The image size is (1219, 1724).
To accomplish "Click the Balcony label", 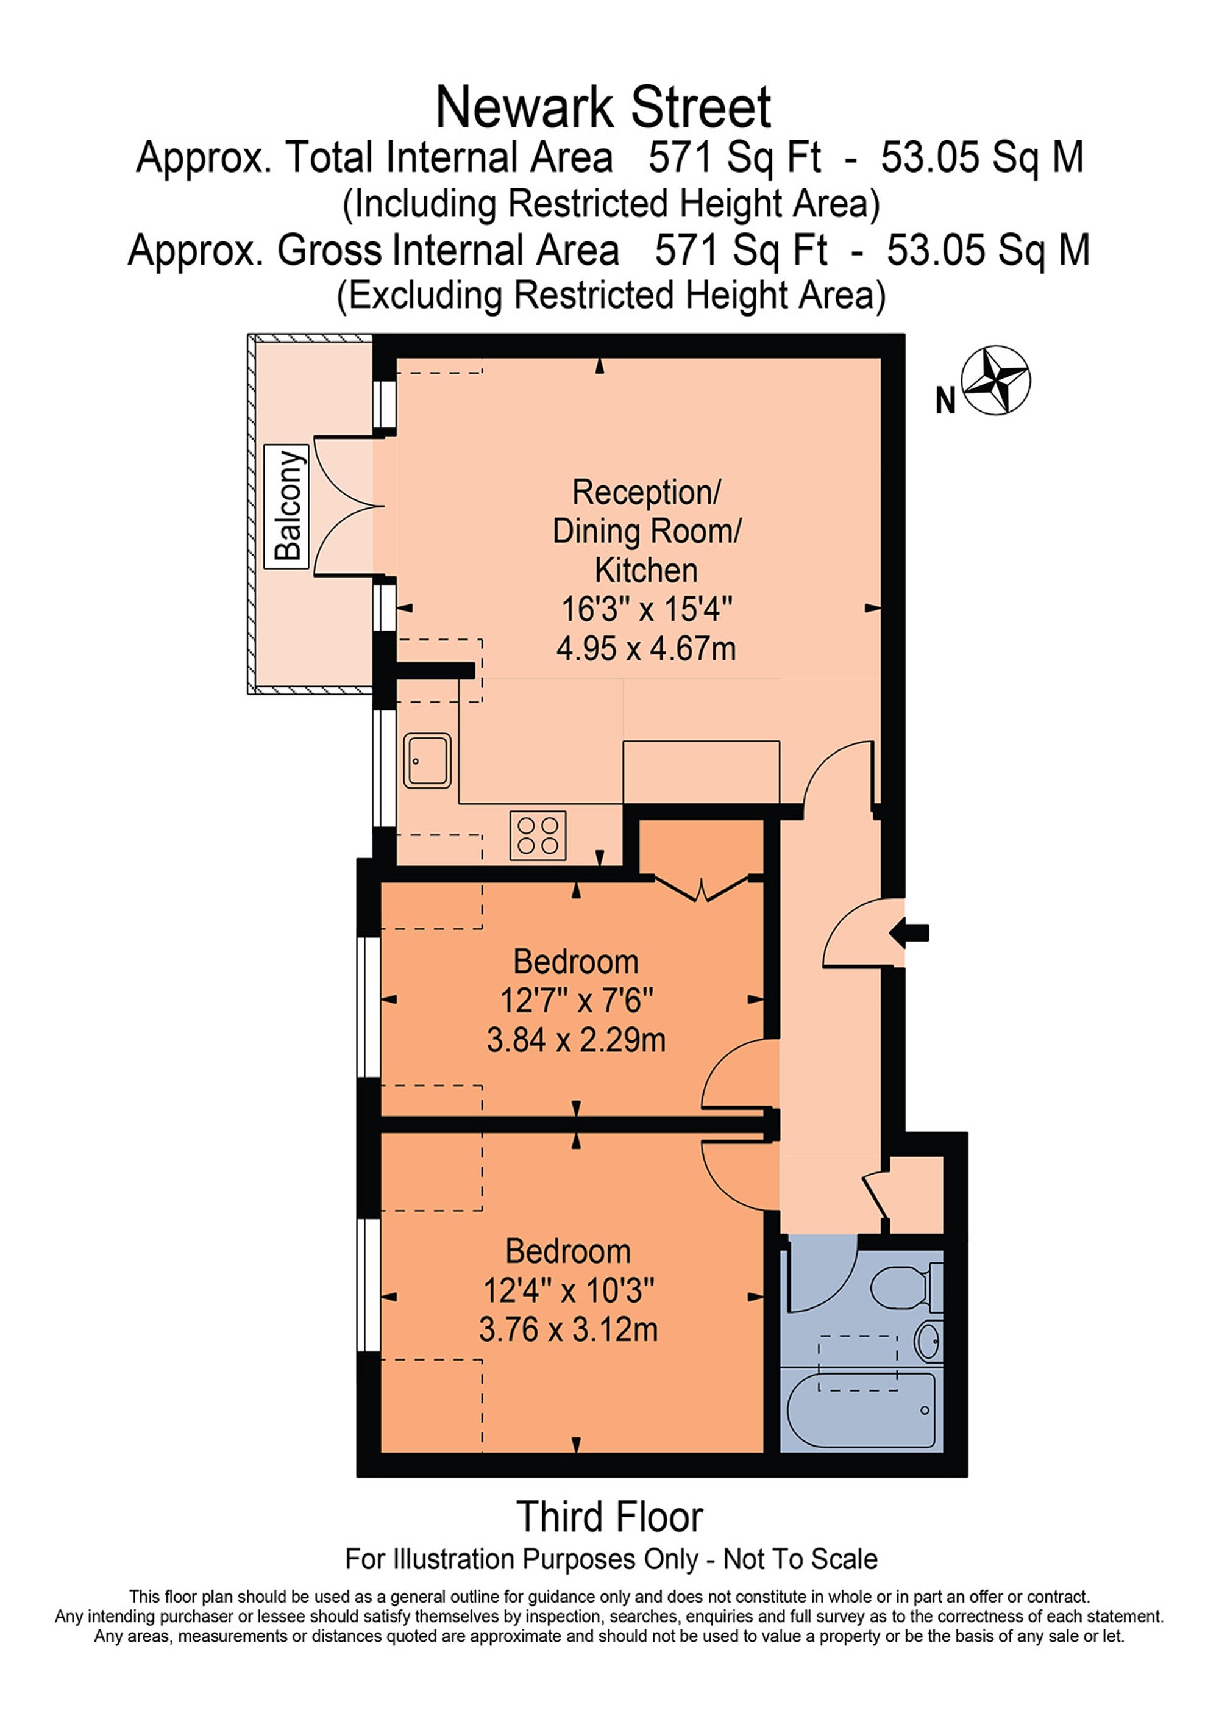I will (x=286, y=506).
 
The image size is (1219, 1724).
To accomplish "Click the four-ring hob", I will (x=538, y=835).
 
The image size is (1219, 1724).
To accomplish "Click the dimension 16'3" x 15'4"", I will (x=646, y=609).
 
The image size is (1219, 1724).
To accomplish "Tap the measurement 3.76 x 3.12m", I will (x=568, y=1330).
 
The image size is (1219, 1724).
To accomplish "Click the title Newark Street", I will (x=603, y=108).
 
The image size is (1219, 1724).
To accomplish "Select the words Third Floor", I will (x=609, y=1517).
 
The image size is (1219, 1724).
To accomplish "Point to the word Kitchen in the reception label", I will (x=646, y=570).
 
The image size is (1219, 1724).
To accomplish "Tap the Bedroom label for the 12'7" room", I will (x=576, y=962).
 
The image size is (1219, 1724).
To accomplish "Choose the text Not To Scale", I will (x=800, y=1559).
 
